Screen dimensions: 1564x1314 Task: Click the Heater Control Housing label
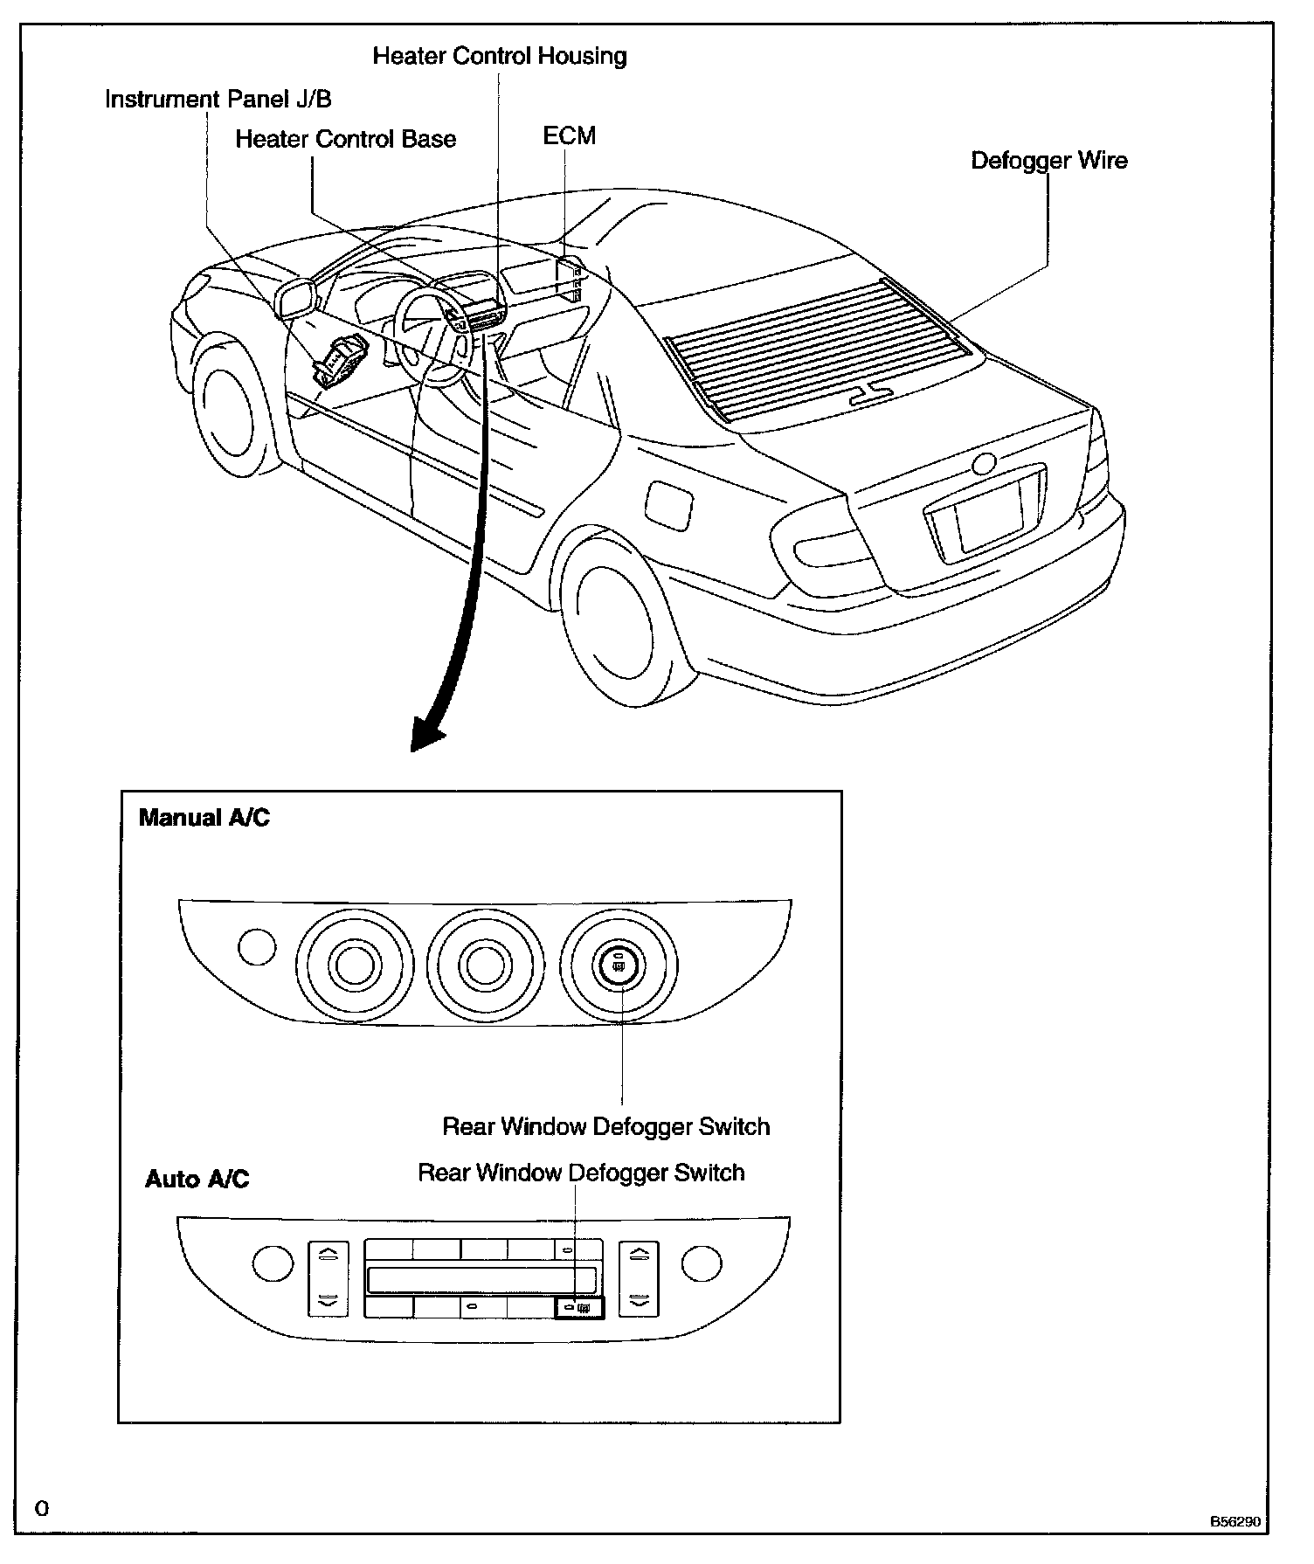click(500, 57)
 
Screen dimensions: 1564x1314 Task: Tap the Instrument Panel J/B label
click(218, 100)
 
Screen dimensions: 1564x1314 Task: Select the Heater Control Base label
click(346, 140)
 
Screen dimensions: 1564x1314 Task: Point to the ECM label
click(570, 136)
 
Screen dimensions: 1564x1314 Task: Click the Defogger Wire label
click(1049, 161)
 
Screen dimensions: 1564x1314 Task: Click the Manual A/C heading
click(204, 818)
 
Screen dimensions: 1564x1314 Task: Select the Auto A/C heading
click(197, 1180)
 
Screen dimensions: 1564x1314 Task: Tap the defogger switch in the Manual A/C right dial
click(619, 965)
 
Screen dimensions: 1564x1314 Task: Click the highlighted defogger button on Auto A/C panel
click(578, 1308)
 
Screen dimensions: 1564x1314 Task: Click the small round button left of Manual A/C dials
click(257, 947)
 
